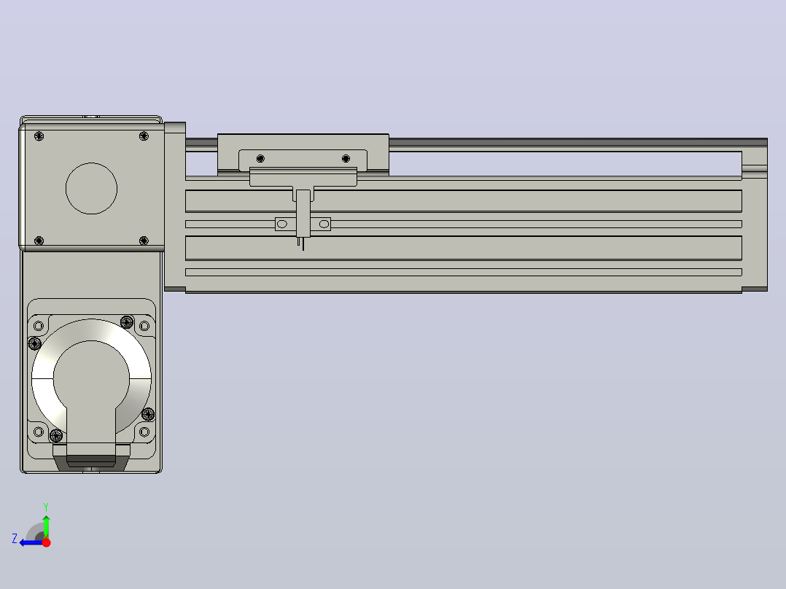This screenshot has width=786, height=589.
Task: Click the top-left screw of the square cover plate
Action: [x=39, y=136]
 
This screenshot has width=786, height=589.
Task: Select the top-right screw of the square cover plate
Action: [x=144, y=136]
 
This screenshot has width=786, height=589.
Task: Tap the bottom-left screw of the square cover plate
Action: [x=39, y=241]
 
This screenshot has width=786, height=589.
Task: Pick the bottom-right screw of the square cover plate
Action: [x=144, y=241]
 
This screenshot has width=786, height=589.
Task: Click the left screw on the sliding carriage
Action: [x=260, y=158]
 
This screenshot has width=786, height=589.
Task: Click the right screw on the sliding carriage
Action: [x=346, y=158]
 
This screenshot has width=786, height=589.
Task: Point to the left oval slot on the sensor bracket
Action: [x=281, y=224]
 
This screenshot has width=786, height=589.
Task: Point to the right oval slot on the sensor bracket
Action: [x=324, y=224]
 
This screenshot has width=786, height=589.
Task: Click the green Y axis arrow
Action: [x=46, y=526]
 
